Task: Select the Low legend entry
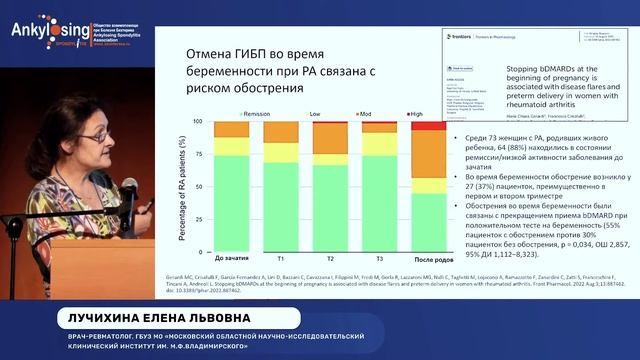(x=314, y=116)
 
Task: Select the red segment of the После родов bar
(x=429, y=125)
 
